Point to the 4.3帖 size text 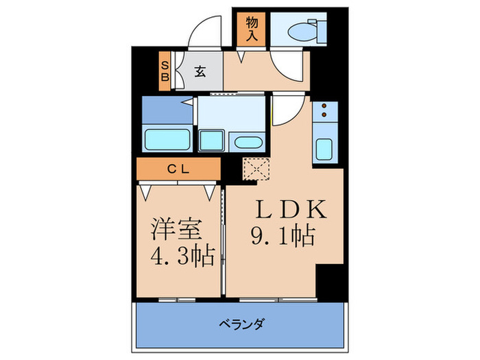coord(182,258)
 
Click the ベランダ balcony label coord(241,324)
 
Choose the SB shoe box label coord(165,71)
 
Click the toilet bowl coord(302,30)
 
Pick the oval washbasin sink coord(245,142)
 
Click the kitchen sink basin coord(324,147)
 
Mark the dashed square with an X coord(257,167)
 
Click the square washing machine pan coord(213,139)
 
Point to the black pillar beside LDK coord(330,278)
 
